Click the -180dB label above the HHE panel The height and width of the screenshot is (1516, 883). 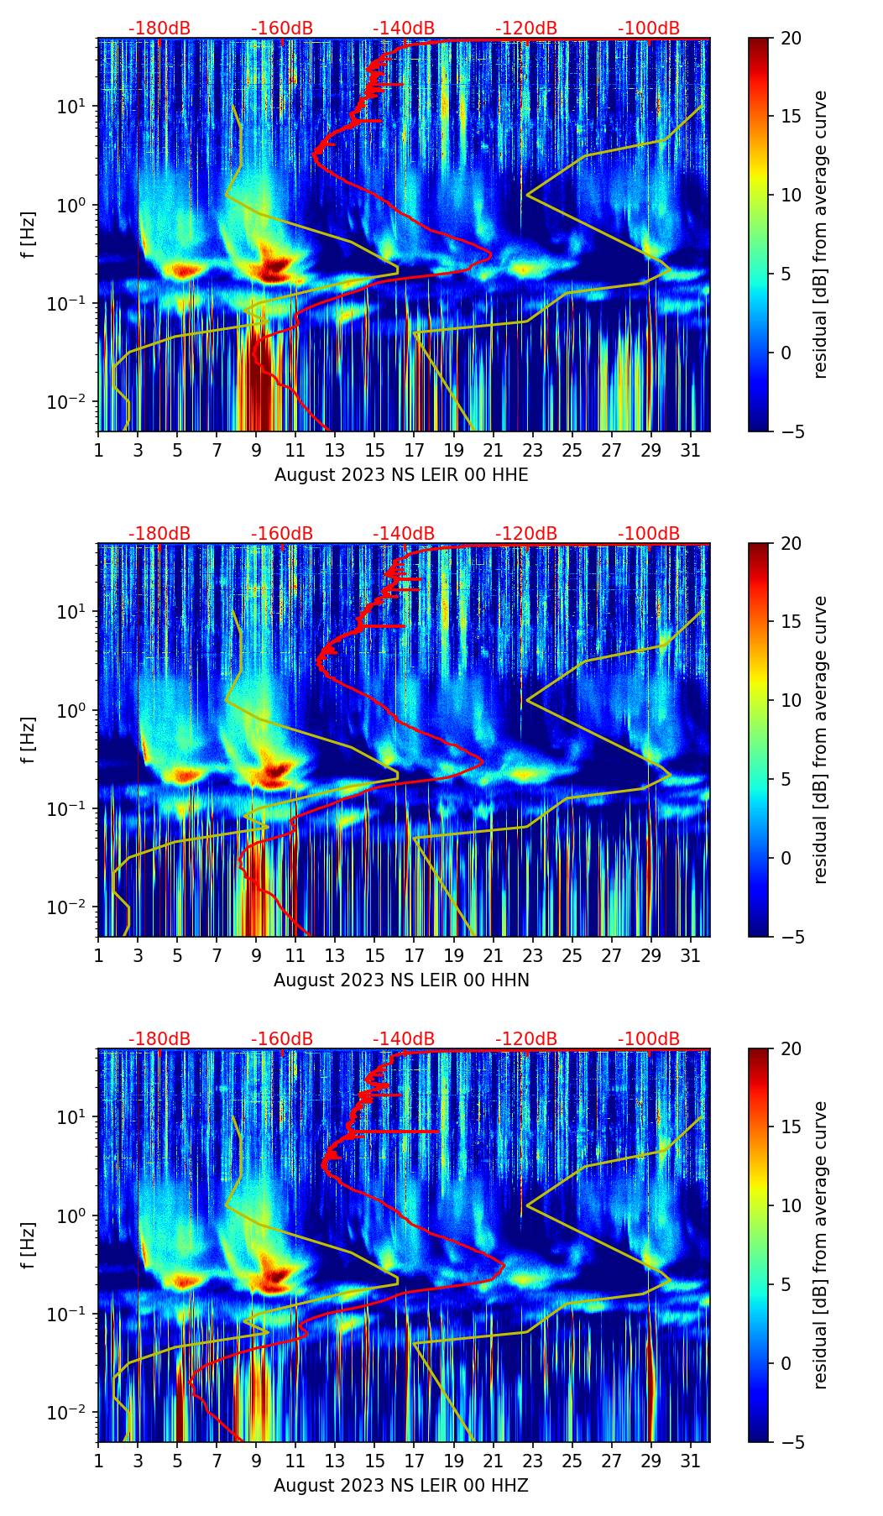click(x=159, y=29)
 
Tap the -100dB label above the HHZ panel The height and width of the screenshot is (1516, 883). click(x=649, y=1039)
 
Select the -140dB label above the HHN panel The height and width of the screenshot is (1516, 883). click(x=404, y=534)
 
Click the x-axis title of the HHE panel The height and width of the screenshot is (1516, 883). click(x=401, y=475)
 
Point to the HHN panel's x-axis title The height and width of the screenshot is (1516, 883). click(x=401, y=980)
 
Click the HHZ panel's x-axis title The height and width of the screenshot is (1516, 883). click(x=401, y=1486)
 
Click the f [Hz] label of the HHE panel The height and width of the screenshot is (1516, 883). click(x=29, y=234)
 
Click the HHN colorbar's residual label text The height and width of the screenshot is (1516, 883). click(x=820, y=740)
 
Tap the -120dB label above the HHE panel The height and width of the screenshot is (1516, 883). click(x=526, y=29)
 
